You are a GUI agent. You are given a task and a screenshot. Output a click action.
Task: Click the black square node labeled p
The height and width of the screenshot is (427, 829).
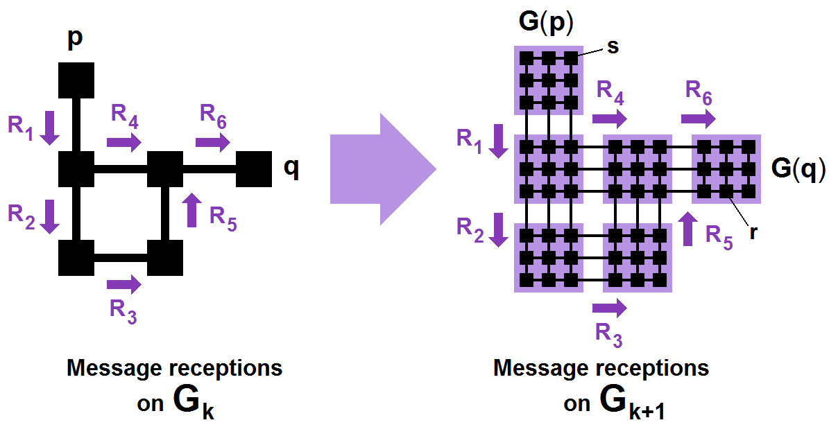tap(76, 80)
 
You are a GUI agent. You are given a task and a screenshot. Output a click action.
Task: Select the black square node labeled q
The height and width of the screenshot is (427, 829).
tap(254, 169)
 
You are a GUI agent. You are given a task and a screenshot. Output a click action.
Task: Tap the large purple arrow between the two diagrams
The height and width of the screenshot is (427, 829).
tap(382, 169)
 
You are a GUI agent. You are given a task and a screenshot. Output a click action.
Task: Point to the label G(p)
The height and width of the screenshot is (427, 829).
tap(546, 24)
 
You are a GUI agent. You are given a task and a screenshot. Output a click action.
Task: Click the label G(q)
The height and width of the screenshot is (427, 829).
tap(798, 168)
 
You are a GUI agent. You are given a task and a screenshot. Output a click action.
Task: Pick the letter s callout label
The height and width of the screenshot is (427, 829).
tap(613, 46)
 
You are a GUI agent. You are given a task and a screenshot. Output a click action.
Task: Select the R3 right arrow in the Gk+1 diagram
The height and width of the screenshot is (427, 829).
tap(610, 307)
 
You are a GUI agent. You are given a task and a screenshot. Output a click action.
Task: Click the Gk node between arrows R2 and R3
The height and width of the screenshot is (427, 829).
tap(76, 258)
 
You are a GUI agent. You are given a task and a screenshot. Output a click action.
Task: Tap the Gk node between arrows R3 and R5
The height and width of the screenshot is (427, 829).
tap(165, 258)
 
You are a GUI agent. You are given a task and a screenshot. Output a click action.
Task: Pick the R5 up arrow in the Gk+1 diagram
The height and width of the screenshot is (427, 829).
tap(688, 229)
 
